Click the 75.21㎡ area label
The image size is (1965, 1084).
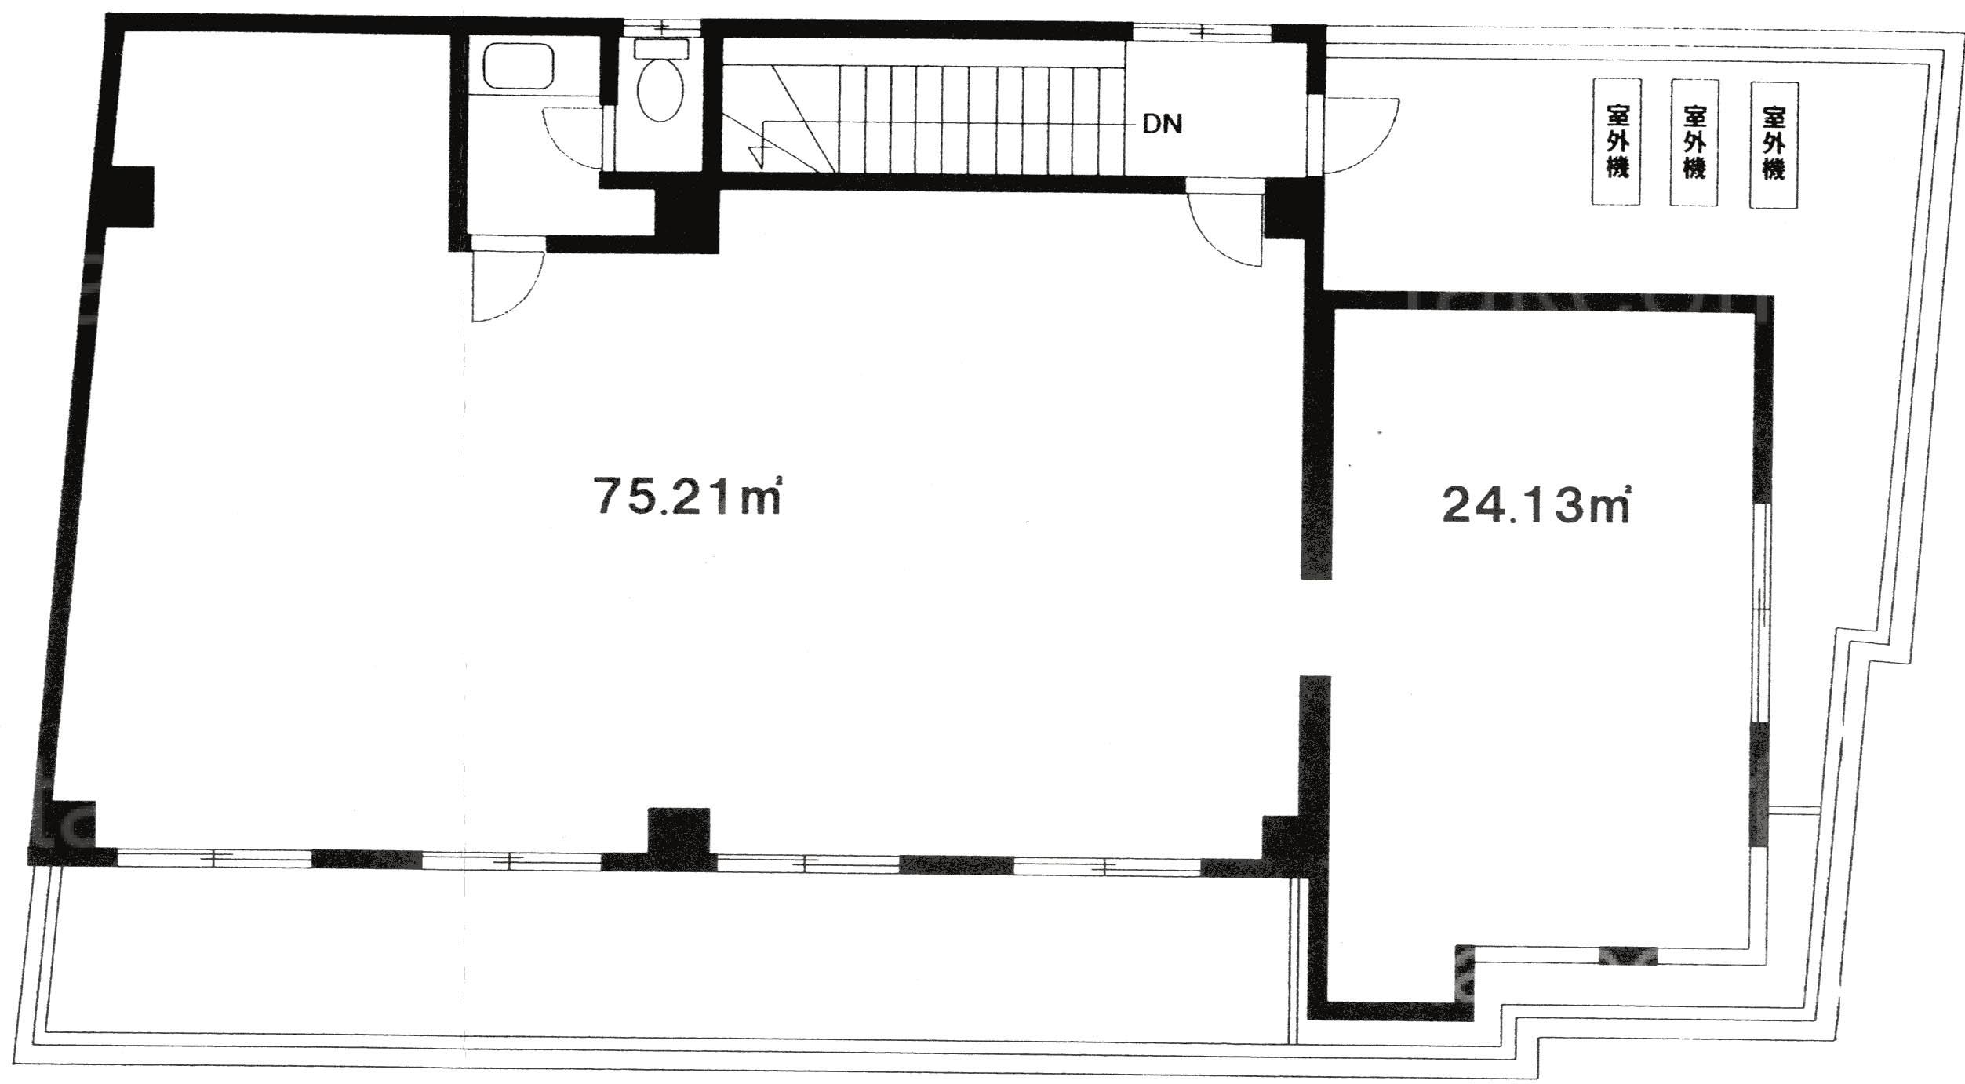coord(687,496)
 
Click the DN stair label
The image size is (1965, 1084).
coord(1162,124)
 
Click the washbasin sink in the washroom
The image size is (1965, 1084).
coord(519,66)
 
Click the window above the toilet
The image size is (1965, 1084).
coord(663,28)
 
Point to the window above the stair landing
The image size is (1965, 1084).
coord(1202,31)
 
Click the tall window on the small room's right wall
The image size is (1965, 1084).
coord(1761,613)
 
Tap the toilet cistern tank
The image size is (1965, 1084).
coord(660,48)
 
